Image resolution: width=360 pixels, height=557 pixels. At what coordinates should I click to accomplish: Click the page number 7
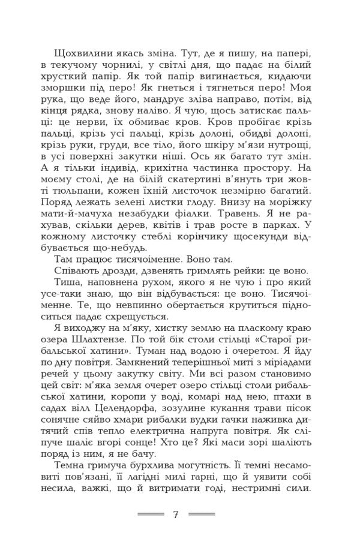[176, 514]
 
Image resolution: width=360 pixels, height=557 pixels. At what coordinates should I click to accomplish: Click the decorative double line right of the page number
[202, 514]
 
